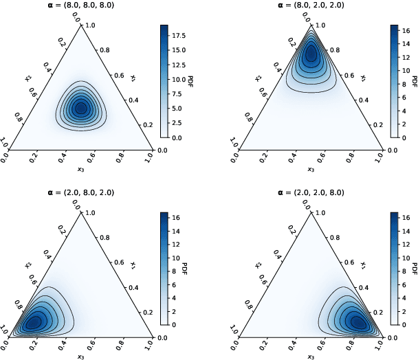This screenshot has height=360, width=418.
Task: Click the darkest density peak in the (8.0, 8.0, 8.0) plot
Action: click(80, 107)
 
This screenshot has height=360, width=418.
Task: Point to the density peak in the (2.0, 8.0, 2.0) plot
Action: click(34, 322)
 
